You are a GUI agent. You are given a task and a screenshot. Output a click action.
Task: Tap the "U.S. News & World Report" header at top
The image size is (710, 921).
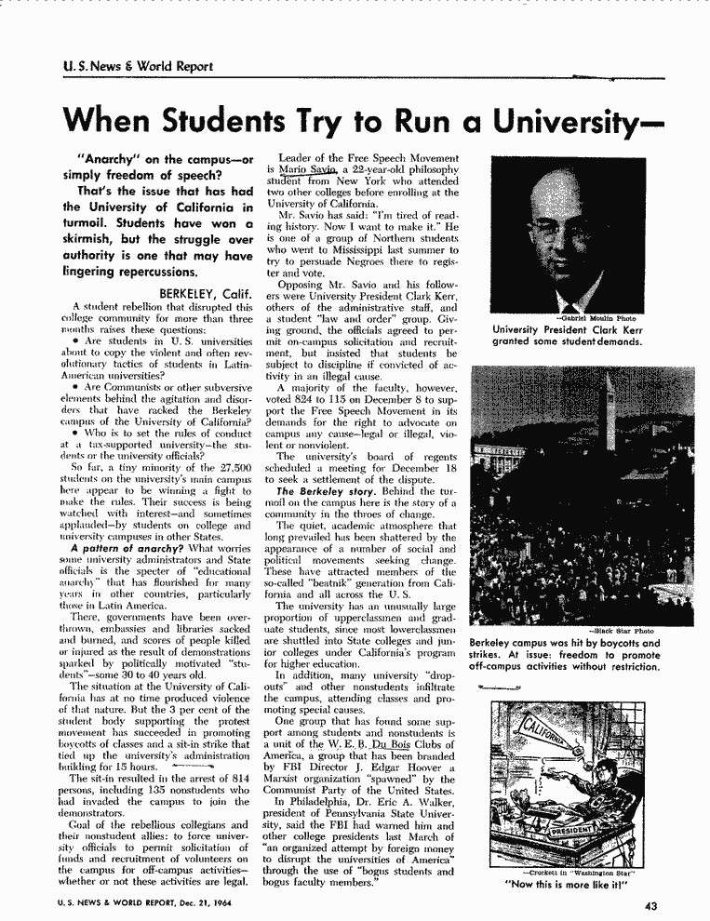[x=132, y=66]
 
